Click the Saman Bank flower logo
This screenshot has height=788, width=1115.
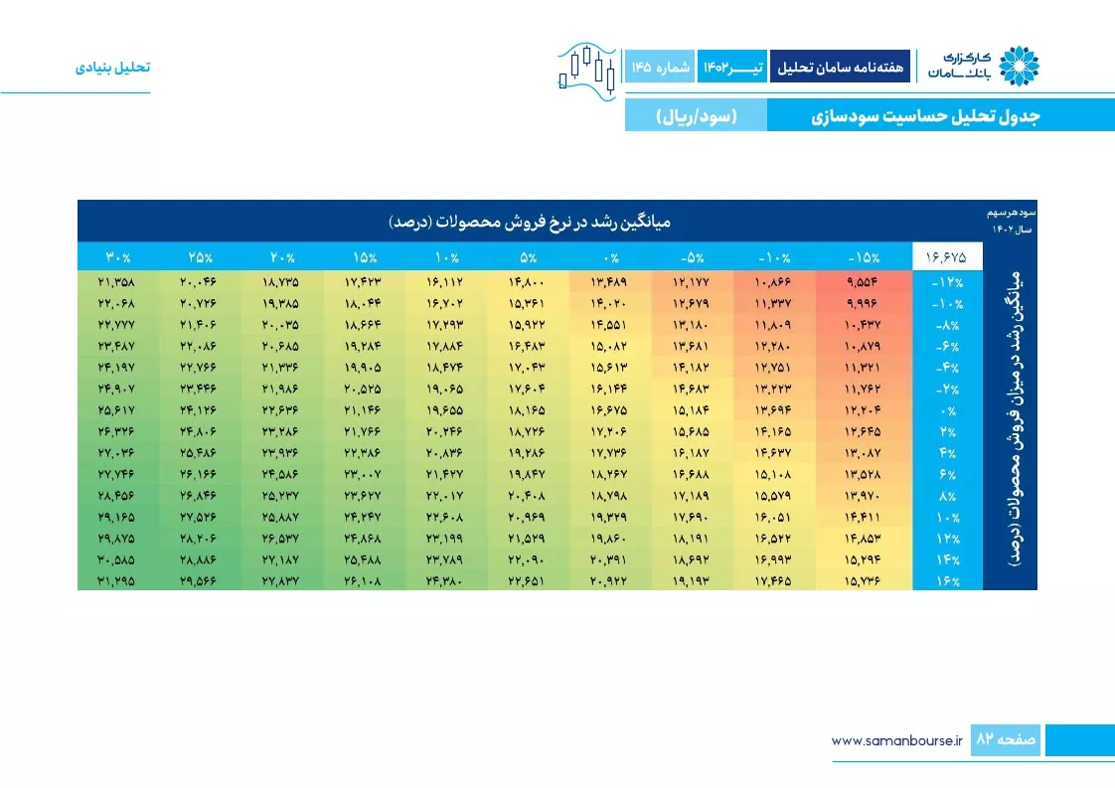[x=1019, y=67]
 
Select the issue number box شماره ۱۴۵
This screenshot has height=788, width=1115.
[x=660, y=67]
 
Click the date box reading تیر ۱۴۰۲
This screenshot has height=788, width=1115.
[x=732, y=67]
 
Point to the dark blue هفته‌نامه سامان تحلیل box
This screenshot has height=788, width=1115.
[x=840, y=67]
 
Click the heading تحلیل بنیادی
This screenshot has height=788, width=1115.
[x=113, y=67]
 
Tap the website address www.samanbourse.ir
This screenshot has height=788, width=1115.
[x=896, y=740]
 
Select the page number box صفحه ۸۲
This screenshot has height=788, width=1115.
[x=1006, y=739]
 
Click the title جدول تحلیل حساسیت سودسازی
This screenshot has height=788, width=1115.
[x=925, y=116]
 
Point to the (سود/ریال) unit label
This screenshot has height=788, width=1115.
[x=697, y=116]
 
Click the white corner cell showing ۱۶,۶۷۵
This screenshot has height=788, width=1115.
[x=947, y=256]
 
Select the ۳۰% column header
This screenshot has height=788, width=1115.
[x=118, y=256]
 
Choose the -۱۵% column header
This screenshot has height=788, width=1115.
[x=864, y=256]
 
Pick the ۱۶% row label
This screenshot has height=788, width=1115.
[x=948, y=581]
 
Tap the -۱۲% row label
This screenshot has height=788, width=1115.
[x=947, y=282]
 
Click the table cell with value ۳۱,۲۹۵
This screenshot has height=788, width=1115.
[x=116, y=581]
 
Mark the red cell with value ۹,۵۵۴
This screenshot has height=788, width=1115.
[x=863, y=282]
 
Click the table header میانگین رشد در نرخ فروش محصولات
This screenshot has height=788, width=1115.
[x=530, y=222]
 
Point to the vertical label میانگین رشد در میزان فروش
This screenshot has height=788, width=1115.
[x=1015, y=418]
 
